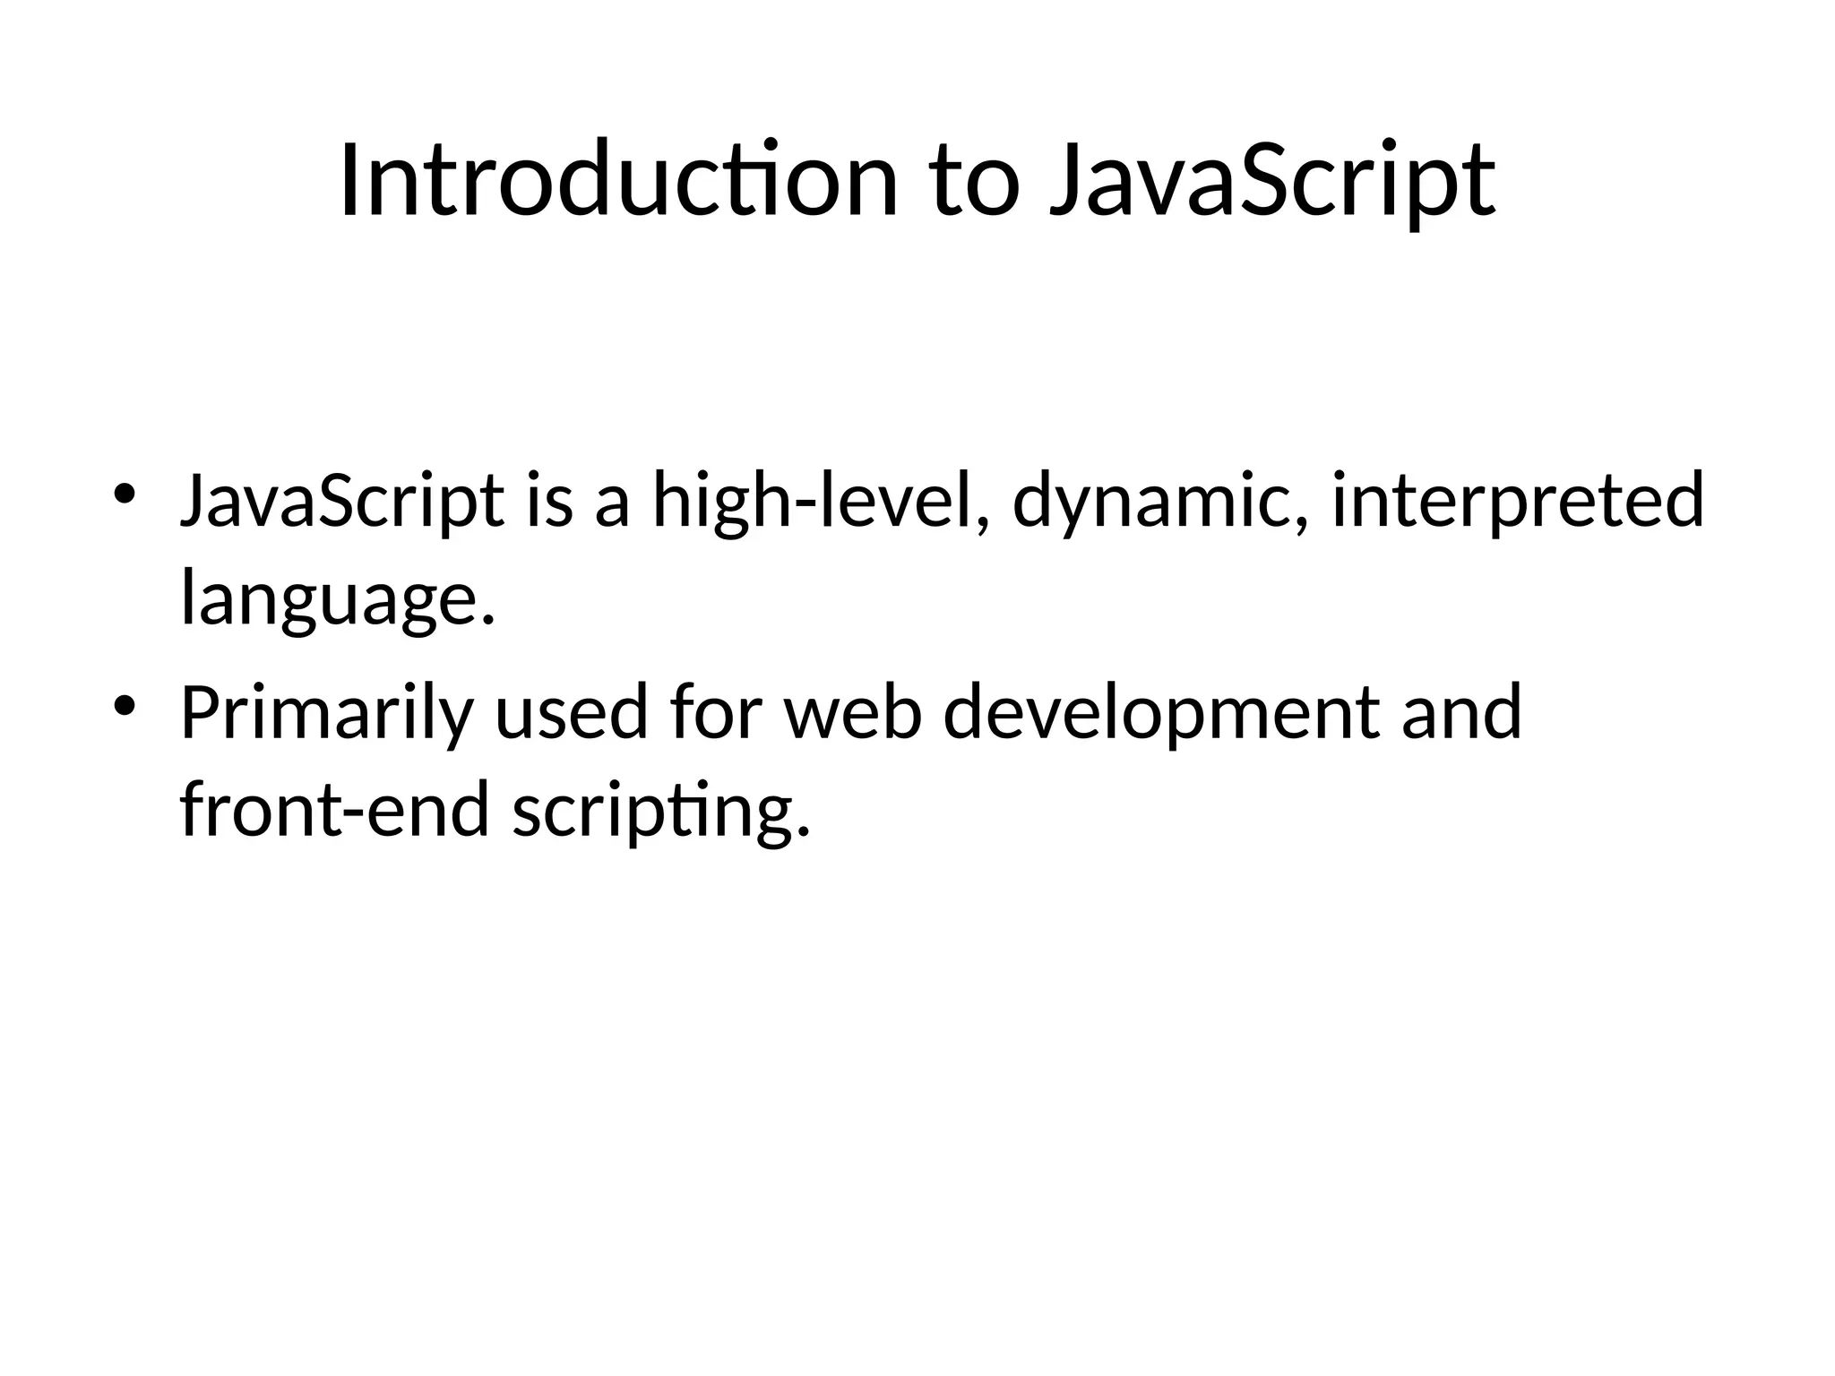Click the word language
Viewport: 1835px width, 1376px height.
tap(338, 602)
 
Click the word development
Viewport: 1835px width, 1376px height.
tap(1161, 714)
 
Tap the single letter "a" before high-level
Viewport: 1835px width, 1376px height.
tap(612, 503)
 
